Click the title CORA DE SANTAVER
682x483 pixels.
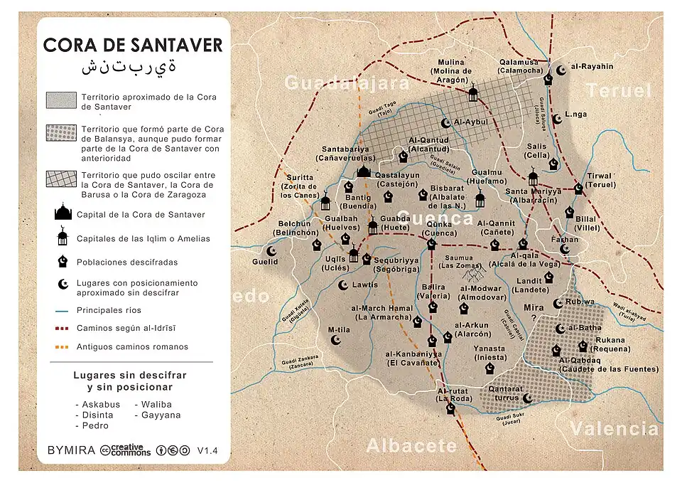133,45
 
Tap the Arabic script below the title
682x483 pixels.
129,68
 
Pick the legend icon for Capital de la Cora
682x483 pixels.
63,213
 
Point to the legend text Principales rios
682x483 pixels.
109,310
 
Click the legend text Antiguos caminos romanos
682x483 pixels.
132,347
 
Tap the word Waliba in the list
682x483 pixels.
158,404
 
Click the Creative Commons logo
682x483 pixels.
126,450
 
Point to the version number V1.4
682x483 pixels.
207,450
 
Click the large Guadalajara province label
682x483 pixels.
347,83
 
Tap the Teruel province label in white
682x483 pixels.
617,90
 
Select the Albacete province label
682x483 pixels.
411,445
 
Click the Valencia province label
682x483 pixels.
614,428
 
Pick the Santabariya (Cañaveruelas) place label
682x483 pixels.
346,154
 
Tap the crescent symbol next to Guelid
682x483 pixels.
271,250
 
